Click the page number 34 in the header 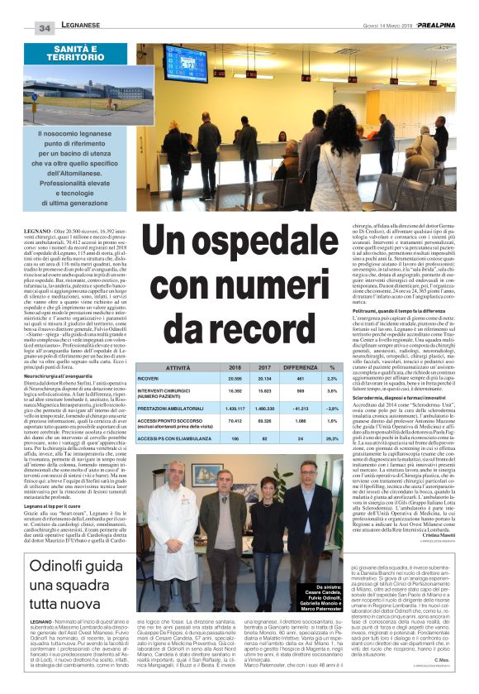[45, 28]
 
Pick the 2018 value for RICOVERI [233, 380]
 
